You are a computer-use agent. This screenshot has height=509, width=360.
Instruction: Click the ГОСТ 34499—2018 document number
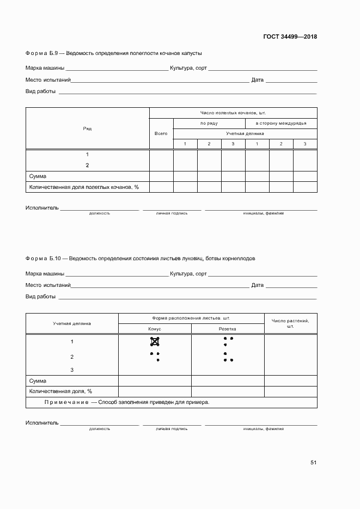tap(290, 37)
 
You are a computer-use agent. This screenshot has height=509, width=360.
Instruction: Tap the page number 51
tap(313, 462)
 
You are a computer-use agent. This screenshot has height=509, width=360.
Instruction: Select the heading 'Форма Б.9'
tap(38, 53)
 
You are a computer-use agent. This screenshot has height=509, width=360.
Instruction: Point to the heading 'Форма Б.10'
tap(39, 258)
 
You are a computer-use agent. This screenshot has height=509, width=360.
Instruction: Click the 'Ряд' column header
tap(87, 128)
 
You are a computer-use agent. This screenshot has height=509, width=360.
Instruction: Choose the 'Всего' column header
tap(161, 133)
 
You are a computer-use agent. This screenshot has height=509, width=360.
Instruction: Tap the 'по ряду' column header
tap(209, 123)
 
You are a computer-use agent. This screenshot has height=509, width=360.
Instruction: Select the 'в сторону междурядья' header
tap(281, 123)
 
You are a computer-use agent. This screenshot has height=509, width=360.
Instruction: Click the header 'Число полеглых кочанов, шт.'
tap(233, 113)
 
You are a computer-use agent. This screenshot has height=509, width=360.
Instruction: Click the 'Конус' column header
tap(155, 329)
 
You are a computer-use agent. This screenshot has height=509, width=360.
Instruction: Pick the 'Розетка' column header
tap(228, 329)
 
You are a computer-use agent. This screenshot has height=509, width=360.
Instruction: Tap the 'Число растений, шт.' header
tap(290, 323)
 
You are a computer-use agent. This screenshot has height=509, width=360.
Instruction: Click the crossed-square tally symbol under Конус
tap(155, 342)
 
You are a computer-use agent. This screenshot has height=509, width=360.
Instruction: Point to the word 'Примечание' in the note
tap(66, 402)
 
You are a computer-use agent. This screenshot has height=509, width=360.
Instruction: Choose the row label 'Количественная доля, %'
tap(60, 391)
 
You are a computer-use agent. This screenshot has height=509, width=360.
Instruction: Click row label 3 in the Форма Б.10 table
tap(72, 370)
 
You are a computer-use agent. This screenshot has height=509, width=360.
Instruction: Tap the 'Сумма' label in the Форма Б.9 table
tap(38, 176)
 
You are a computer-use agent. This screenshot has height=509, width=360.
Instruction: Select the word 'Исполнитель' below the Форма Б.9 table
tap(42, 208)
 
